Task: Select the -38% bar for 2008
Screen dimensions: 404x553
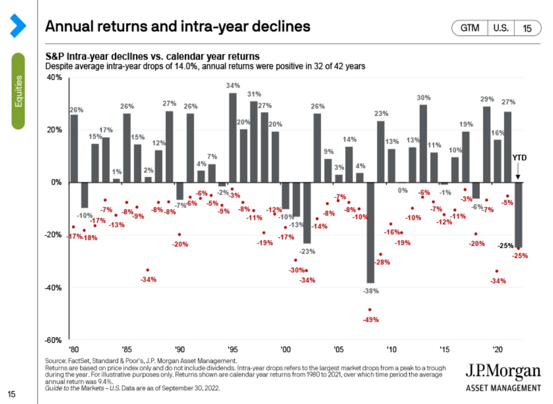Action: pos(370,232)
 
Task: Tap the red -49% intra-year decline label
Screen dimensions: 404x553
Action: pos(371,320)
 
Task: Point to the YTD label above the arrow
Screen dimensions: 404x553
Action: pos(519,158)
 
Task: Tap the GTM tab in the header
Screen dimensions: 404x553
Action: pos(470,28)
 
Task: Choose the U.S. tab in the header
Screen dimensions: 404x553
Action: pos(501,28)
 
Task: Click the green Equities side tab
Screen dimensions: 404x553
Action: pos(18,91)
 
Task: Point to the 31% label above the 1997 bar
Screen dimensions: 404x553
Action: pos(254,94)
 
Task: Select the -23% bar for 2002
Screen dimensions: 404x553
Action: pos(307,213)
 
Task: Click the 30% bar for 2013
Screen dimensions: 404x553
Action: pos(423,143)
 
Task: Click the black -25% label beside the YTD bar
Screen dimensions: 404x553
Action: pos(505,246)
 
